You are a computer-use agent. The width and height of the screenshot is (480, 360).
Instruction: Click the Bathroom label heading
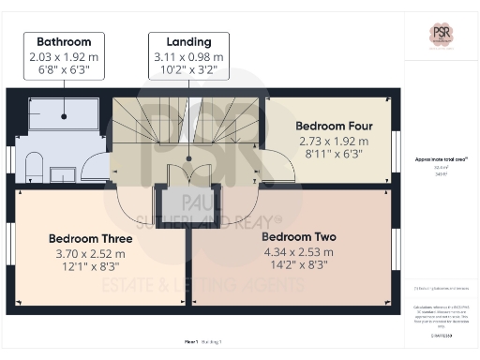coord(64,42)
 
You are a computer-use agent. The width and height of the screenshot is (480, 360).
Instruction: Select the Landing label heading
coord(188,42)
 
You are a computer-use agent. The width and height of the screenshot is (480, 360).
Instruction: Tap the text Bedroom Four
coord(333,125)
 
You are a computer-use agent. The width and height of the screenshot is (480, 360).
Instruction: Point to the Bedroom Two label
coord(298,237)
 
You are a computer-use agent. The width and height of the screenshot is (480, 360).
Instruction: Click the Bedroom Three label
coord(90,239)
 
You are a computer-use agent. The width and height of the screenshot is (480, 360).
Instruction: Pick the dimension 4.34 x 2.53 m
coord(298,252)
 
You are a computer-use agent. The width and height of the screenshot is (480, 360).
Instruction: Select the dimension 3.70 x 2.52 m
coord(90,254)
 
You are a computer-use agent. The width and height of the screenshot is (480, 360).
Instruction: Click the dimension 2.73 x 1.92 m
coord(333,140)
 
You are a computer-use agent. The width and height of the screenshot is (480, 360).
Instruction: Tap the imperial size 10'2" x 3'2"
coord(188,68)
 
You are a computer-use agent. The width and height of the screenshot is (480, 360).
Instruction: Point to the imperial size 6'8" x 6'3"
coord(64,68)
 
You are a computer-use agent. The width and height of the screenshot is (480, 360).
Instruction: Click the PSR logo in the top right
coord(442,35)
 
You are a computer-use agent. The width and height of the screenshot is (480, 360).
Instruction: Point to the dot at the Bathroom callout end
coord(64,116)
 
